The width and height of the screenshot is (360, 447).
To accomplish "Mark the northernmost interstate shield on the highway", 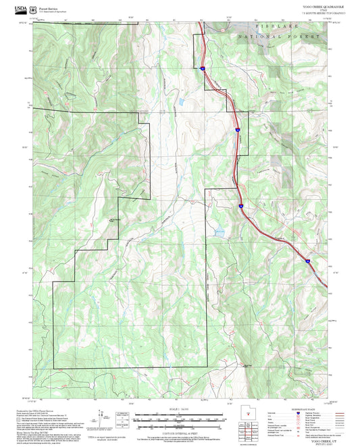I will (x=203, y=68).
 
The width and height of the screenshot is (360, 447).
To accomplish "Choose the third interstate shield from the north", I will (x=240, y=201).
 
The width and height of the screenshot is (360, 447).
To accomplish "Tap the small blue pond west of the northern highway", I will (x=181, y=103).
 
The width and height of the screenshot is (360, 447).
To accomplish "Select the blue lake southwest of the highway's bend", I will (x=219, y=232).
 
